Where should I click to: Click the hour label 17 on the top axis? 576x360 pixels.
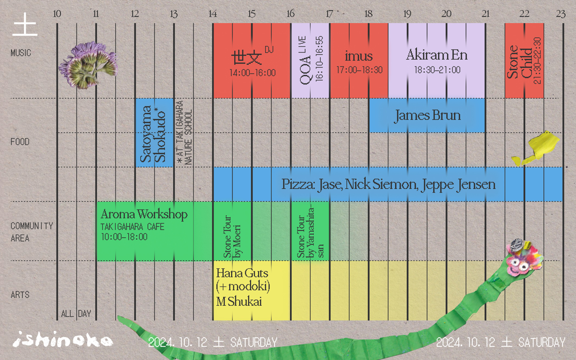pyautogui.click(x=329, y=13)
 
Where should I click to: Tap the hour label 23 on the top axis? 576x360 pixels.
pyautogui.click(x=561, y=13)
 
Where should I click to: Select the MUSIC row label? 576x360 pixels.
pyautogui.click(x=21, y=53)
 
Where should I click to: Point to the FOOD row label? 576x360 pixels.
pyautogui.click(x=20, y=142)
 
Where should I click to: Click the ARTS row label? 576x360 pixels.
pyautogui.click(x=20, y=295)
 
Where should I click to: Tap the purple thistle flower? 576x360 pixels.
pyautogui.click(x=88, y=65)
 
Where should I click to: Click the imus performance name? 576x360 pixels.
pyautogui.click(x=359, y=56)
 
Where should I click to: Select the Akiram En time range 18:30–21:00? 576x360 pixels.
pyautogui.click(x=437, y=70)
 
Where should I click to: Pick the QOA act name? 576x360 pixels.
pyautogui.click(x=305, y=70)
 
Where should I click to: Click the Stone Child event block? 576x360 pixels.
pyautogui.click(x=524, y=61)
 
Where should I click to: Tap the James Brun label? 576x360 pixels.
pyautogui.click(x=427, y=116)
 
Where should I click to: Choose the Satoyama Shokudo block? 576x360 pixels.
pyautogui.click(x=154, y=133)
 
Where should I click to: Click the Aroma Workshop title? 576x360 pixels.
pyautogui.click(x=144, y=214)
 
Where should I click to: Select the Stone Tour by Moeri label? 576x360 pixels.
pyautogui.click(x=232, y=236)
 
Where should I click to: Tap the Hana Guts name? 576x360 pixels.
pyautogui.click(x=242, y=273)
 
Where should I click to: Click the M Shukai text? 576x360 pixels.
pyautogui.click(x=239, y=301)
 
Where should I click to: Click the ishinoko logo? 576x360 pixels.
pyautogui.click(x=63, y=339)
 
